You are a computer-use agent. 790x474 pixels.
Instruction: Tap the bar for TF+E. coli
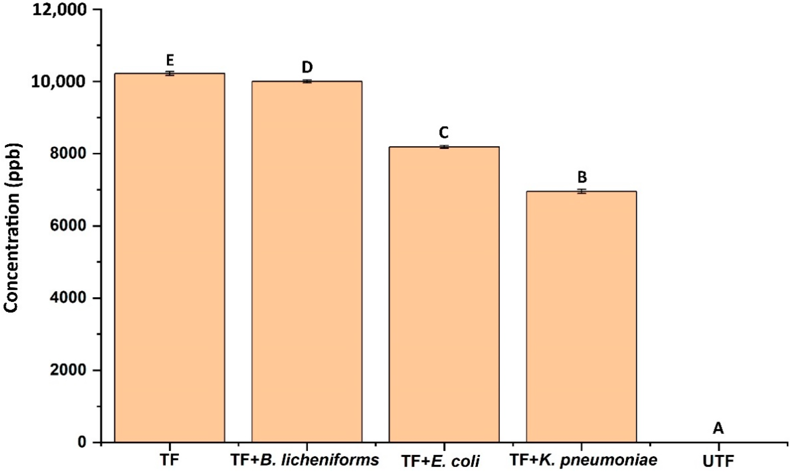pos(444,294)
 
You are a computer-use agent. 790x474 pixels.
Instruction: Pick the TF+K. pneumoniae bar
pos(581,317)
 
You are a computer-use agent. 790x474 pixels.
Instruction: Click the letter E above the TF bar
pos(170,60)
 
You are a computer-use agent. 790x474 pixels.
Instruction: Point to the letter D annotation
pos(307,68)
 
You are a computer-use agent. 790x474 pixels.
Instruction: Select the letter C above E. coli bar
pos(444,133)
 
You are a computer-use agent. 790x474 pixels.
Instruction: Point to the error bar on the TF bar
pos(170,73)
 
